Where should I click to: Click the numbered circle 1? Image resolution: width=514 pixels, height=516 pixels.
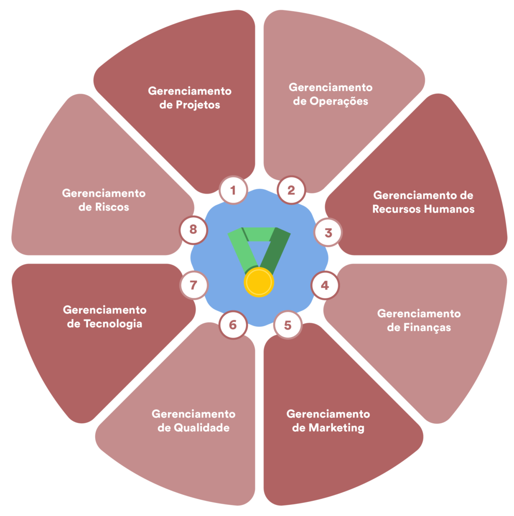(x=233, y=190)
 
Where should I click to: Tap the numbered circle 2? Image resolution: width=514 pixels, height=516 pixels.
(x=291, y=190)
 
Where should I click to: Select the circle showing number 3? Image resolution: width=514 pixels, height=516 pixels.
(x=328, y=233)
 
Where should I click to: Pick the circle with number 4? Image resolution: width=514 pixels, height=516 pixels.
(x=325, y=286)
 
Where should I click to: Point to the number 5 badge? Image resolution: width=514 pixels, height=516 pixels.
(x=287, y=325)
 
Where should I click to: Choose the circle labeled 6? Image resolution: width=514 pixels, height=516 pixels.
(x=233, y=325)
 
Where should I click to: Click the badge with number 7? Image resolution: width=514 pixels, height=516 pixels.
(x=194, y=285)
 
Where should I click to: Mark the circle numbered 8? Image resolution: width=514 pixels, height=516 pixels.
(x=194, y=230)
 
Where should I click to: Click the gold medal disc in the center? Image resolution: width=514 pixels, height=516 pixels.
(x=259, y=282)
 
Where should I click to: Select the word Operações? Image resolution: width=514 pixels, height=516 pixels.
(x=337, y=101)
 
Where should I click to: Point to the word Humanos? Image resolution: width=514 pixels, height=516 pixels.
(x=450, y=209)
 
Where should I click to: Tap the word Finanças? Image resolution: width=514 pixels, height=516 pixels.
(x=426, y=328)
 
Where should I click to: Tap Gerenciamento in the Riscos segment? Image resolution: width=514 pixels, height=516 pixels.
(x=104, y=193)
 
